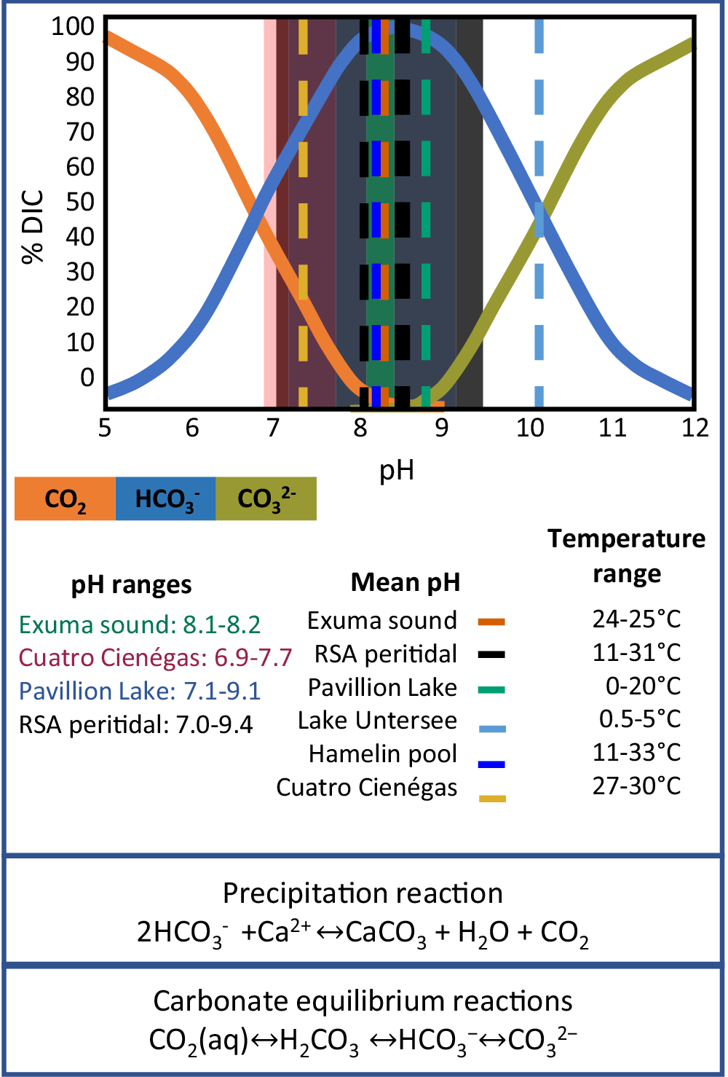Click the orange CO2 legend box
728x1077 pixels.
[65, 499]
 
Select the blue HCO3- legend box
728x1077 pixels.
[166, 499]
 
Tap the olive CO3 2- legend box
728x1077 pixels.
[266, 499]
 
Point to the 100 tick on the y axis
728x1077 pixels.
[73, 26]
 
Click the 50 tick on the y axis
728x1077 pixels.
[80, 202]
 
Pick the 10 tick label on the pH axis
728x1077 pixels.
[530, 428]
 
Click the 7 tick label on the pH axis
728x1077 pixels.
[273, 428]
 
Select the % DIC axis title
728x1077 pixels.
[33, 227]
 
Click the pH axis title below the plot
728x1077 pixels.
[397, 470]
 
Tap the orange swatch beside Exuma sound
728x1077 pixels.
[491, 622]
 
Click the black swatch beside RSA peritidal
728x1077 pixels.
[491, 655]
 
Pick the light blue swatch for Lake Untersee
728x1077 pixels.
[492, 728]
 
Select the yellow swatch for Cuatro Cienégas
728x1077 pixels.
[492, 799]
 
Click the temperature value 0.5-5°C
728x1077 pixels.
[640, 719]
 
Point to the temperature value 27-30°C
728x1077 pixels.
[636, 786]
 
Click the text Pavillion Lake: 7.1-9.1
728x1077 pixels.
[140, 691]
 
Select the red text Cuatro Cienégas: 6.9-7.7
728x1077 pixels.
[155, 658]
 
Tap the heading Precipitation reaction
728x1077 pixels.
[363, 893]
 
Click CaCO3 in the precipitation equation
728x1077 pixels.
[386, 933]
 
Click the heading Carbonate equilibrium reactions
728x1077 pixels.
[363, 1001]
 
